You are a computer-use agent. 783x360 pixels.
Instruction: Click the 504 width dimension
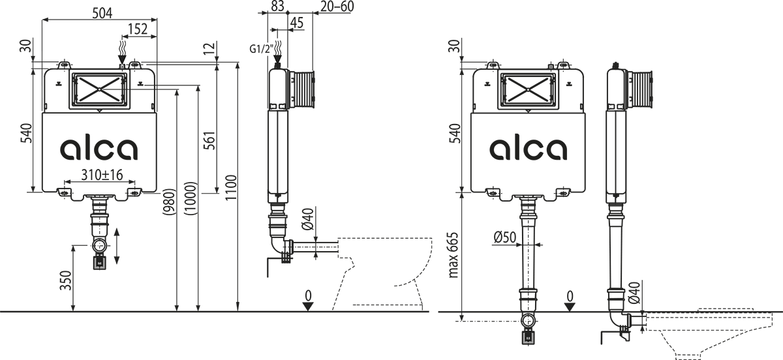click(x=102, y=13)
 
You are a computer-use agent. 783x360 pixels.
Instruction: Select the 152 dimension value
click(x=138, y=29)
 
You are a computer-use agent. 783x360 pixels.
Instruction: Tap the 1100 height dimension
click(x=231, y=187)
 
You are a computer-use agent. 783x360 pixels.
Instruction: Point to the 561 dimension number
click(x=209, y=140)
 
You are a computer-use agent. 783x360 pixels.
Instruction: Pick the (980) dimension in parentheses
click(x=169, y=202)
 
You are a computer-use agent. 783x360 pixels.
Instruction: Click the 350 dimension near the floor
click(x=66, y=280)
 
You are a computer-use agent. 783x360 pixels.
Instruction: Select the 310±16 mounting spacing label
click(x=102, y=175)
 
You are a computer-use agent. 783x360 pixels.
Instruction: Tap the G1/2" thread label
click(x=261, y=49)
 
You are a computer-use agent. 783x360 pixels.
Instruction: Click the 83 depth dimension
click(x=277, y=6)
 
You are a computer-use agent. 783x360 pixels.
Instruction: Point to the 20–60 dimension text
click(x=337, y=6)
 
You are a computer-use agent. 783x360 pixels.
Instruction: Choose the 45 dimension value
click(x=297, y=23)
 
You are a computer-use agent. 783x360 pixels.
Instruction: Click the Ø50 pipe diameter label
click(x=505, y=237)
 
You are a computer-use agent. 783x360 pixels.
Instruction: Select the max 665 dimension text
click(x=453, y=255)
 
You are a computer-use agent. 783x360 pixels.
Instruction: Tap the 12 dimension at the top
click(x=209, y=48)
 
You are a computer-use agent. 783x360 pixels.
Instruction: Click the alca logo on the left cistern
click(x=99, y=148)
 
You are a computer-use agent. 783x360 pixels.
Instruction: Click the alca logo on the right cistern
click(x=528, y=148)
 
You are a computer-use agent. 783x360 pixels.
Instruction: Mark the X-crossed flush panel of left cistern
click(x=100, y=89)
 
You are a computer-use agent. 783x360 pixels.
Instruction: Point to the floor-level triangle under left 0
click(x=307, y=307)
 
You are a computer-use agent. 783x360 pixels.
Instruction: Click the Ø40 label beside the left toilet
click(x=308, y=219)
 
